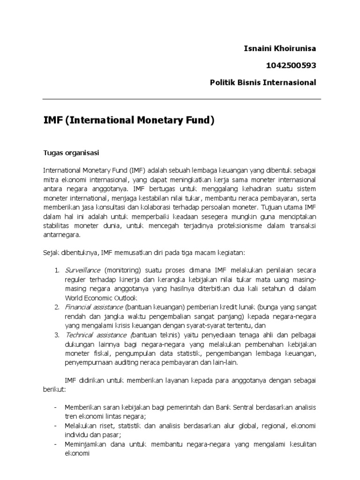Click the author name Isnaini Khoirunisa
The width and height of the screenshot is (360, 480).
click(280, 48)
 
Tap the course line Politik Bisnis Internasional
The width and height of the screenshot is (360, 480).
click(263, 82)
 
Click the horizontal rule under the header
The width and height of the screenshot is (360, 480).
click(182, 99)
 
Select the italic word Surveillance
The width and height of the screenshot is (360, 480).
click(83, 270)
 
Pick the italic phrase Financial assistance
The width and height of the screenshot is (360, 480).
click(95, 307)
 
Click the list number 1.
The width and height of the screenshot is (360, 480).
click(56, 270)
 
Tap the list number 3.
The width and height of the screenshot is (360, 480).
click(56, 335)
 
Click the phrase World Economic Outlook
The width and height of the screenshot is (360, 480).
click(101, 298)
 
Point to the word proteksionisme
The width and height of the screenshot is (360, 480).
click(237, 226)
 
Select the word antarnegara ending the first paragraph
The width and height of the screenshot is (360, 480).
click(62, 235)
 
